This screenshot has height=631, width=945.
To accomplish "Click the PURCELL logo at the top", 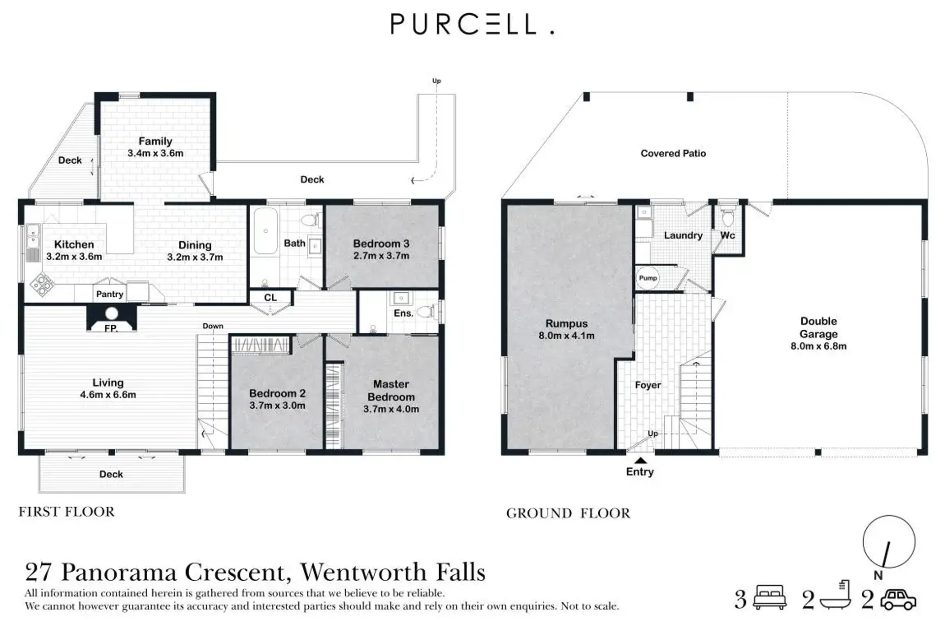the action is click(x=472, y=24).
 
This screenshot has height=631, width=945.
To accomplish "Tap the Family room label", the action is click(x=155, y=141).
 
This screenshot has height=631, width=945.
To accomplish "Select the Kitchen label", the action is click(x=74, y=245).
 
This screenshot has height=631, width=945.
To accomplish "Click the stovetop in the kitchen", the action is click(x=42, y=284).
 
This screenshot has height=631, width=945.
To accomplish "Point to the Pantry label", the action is click(x=109, y=294).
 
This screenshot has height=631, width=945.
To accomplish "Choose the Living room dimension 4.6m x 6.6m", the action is click(x=108, y=395).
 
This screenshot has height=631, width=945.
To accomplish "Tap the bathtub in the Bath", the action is click(x=265, y=231).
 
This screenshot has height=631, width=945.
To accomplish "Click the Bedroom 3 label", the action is click(x=381, y=244).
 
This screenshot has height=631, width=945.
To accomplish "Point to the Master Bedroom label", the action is click(x=391, y=390).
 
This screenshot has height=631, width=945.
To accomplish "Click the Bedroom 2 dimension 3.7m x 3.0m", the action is click(x=277, y=406).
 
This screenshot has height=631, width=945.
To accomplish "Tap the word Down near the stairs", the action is click(x=213, y=326).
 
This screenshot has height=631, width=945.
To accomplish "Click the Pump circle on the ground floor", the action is click(x=648, y=278).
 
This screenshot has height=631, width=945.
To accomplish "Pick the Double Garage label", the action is click(x=818, y=328).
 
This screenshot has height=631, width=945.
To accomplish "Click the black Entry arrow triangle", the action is click(x=640, y=460).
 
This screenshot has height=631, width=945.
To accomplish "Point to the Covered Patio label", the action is click(x=673, y=153).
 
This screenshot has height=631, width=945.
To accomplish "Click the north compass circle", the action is click(x=889, y=542).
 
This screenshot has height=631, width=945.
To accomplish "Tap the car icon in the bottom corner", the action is click(x=898, y=599).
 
